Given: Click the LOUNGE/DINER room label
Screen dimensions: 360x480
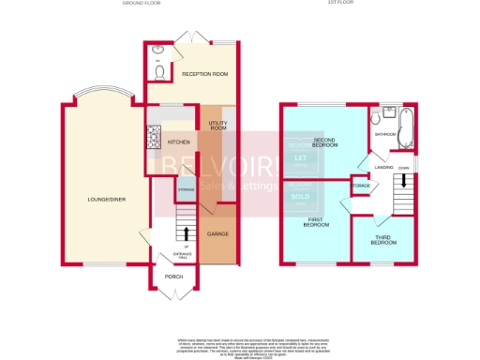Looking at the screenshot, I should coord(104,200).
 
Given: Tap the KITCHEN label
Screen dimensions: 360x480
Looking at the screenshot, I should coord(178,142).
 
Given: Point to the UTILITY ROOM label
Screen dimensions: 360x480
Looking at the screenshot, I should coord(217,126).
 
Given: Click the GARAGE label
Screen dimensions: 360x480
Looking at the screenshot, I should coord(217,232).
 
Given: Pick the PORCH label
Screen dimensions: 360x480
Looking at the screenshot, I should coord(173,277).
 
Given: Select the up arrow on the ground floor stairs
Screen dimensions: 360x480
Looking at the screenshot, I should coord(186,232).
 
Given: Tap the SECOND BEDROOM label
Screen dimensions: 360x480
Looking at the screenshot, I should coord(324,144).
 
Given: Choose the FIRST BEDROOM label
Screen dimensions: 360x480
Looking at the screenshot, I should coord(317,224).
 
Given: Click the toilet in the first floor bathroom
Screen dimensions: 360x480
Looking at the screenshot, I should coord(376,120).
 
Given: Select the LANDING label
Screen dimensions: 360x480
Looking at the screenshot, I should coord(383,167).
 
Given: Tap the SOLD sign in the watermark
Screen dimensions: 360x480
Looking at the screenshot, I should coord(300,197).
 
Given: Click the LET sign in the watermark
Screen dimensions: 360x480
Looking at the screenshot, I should coord(300,158).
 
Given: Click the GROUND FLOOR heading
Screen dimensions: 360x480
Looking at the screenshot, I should coord(142,4).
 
